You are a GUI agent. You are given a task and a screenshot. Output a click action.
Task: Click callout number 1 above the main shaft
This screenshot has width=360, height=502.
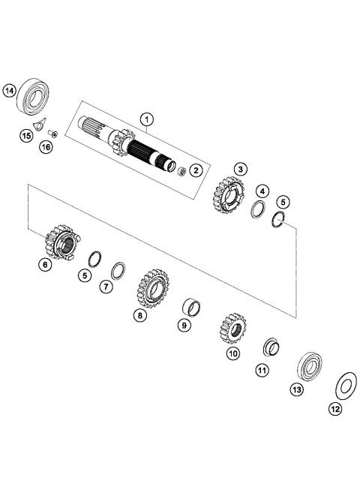coord(147,119)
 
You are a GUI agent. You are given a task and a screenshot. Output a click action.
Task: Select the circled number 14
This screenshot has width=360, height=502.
coord(10,91)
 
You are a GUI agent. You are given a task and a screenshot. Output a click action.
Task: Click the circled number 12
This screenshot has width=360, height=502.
coord(334,409)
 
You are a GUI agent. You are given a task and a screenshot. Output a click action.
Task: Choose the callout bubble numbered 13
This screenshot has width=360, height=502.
coord(296,390)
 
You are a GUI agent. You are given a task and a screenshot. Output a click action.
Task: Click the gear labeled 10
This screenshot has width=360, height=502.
coord(232,329)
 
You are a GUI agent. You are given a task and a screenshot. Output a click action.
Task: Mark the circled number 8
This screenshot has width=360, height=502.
coord(140,316)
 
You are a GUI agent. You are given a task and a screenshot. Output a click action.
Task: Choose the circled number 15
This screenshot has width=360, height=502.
coord(26,136)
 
